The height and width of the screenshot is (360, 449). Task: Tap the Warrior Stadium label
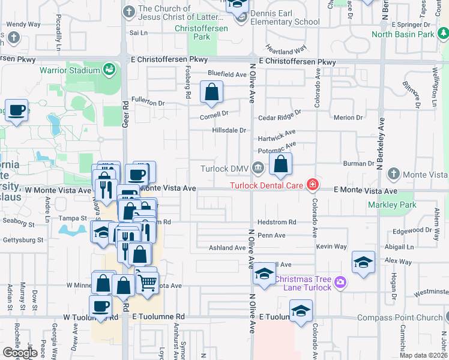pyautogui.click(x=70, y=71)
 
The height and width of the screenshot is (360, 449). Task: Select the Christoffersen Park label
pyautogui.click(x=193, y=32)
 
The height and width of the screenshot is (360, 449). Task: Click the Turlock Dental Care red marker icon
pyautogui.click(x=312, y=184)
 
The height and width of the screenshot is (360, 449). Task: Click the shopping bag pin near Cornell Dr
pyautogui.click(x=211, y=93)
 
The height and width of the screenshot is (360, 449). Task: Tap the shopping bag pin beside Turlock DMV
pyautogui.click(x=280, y=164)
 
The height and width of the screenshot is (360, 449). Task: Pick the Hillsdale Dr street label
pyautogui.click(x=229, y=130)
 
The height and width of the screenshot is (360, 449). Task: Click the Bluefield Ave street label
pyautogui.click(x=228, y=74)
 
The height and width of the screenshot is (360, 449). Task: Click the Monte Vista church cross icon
pyautogui.click(x=393, y=173)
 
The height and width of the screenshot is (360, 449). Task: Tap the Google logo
pyautogui.click(x=20, y=353)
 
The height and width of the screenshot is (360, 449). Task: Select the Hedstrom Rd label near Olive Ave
pyautogui.click(x=277, y=223)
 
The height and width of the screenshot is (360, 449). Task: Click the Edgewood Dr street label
pyautogui.click(x=412, y=230)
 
